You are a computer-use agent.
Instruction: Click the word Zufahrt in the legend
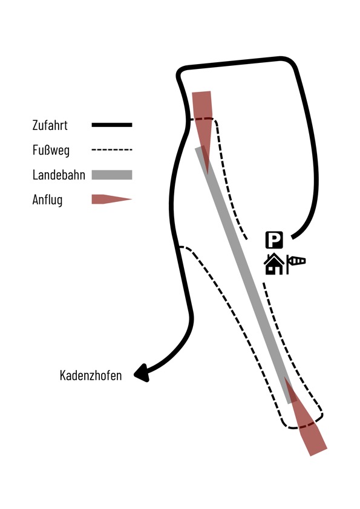point(50,125)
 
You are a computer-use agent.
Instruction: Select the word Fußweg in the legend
point(51,151)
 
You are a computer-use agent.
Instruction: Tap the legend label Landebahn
point(59,175)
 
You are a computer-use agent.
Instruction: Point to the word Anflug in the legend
point(47,200)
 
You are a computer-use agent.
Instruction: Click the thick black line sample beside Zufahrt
point(112,125)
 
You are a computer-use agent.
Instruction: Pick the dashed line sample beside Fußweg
point(112,150)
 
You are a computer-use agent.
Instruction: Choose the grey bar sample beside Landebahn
point(112,175)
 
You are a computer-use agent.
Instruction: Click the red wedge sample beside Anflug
point(112,199)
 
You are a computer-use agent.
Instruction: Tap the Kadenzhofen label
point(91,375)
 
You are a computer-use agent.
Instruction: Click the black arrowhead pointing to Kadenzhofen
point(142,373)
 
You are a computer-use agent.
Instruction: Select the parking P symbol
point(274,240)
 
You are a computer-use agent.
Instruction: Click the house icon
point(273,264)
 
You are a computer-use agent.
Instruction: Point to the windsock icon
point(296,263)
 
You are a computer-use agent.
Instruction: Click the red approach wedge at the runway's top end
point(203,120)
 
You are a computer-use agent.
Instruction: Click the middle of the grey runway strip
point(246,276)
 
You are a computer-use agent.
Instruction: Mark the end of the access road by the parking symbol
point(292,238)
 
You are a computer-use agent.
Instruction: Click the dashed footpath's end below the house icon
point(264,284)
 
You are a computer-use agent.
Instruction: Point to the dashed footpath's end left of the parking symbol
point(247,239)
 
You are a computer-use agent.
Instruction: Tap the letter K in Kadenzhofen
point(63,375)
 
